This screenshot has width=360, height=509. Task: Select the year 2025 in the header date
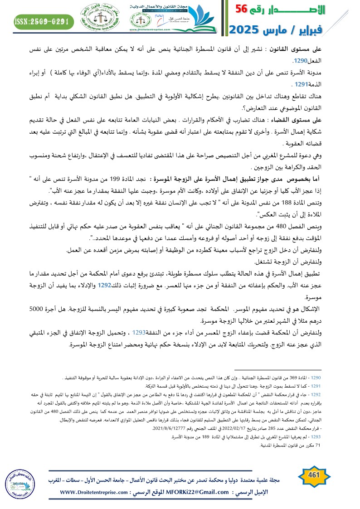246,30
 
